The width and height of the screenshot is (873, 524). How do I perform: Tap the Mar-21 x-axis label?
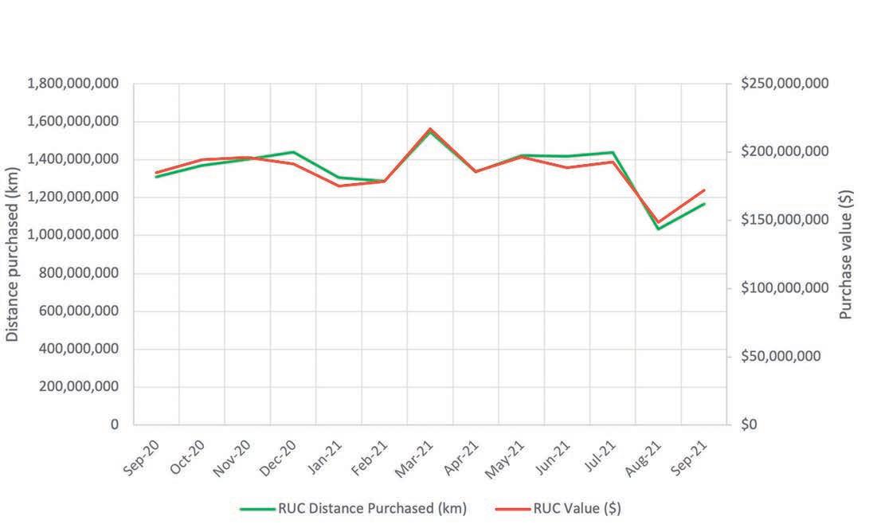(x=414, y=459)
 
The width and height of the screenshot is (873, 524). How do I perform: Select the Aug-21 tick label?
(x=643, y=458)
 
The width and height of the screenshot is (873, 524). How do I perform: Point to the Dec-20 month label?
(x=278, y=458)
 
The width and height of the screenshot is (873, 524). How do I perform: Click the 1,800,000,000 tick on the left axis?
(x=73, y=84)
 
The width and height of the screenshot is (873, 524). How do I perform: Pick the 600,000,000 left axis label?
(x=79, y=311)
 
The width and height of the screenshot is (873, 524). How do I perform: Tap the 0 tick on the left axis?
(x=114, y=424)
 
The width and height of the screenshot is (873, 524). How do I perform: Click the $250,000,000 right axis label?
(x=785, y=84)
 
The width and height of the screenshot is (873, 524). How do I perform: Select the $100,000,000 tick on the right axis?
(x=785, y=288)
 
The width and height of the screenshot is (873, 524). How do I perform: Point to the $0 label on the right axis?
(x=749, y=424)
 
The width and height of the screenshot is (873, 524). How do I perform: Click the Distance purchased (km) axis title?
(x=12, y=254)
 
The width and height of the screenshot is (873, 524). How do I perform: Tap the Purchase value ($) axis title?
(x=846, y=255)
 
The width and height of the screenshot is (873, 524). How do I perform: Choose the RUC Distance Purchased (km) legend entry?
(x=354, y=508)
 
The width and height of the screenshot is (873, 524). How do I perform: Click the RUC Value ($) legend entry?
(x=558, y=508)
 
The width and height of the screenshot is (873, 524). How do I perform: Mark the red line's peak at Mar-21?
(x=430, y=129)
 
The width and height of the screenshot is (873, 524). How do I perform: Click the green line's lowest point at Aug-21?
(x=659, y=229)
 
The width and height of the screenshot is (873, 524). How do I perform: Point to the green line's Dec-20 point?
(x=293, y=152)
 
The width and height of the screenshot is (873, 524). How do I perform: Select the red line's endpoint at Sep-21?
(x=704, y=190)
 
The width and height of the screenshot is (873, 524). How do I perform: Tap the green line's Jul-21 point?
(x=613, y=152)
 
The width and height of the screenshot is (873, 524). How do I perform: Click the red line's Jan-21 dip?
(x=339, y=186)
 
